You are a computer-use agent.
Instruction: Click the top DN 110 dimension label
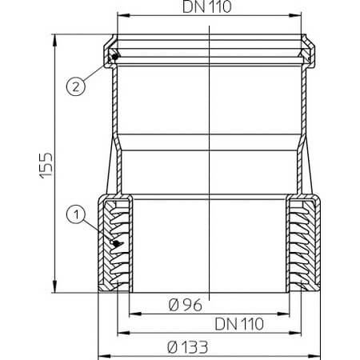[x=206, y=6]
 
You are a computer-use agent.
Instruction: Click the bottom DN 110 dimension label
[x=239, y=324]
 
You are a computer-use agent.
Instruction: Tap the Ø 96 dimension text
[x=186, y=305]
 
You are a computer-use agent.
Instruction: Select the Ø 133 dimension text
[x=187, y=347]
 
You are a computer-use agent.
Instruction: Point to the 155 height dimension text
[x=46, y=165]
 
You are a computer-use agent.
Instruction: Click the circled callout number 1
[x=76, y=214]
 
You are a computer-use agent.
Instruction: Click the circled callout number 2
[x=76, y=86]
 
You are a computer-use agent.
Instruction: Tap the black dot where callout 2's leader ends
[x=115, y=57]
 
